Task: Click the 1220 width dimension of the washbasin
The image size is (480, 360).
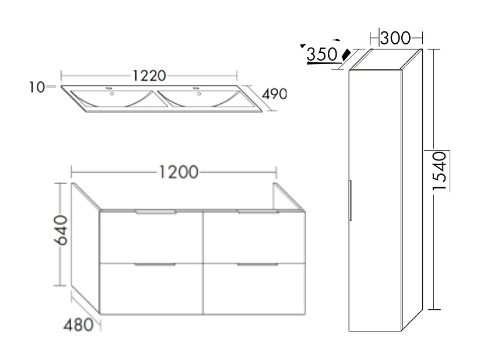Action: pyautogui.click(x=150, y=75)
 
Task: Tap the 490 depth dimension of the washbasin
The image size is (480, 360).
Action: pyautogui.click(x=275, y=94)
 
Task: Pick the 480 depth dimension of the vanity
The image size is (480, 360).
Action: pyautogui.click(x=80, y=324)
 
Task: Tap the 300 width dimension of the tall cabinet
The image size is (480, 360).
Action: pyautogui.click(x=395, y=39)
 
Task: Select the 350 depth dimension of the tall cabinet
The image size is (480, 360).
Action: pyautogui.click(x=322, y=55)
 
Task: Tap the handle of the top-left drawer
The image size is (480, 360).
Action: pyautogui.click(x=156, y=214)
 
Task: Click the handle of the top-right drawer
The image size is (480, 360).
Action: pyautogui.click(x=257, y=213)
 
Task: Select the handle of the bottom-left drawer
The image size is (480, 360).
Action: pyautogui.click(x=155, y=265)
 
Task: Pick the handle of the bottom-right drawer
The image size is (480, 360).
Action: pyautogui.click(x=257, y=265)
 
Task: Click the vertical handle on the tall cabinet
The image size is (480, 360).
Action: pyautogui.click(x=349, y=200)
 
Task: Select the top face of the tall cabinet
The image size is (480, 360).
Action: pyautogui.click(x=384, y=60)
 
